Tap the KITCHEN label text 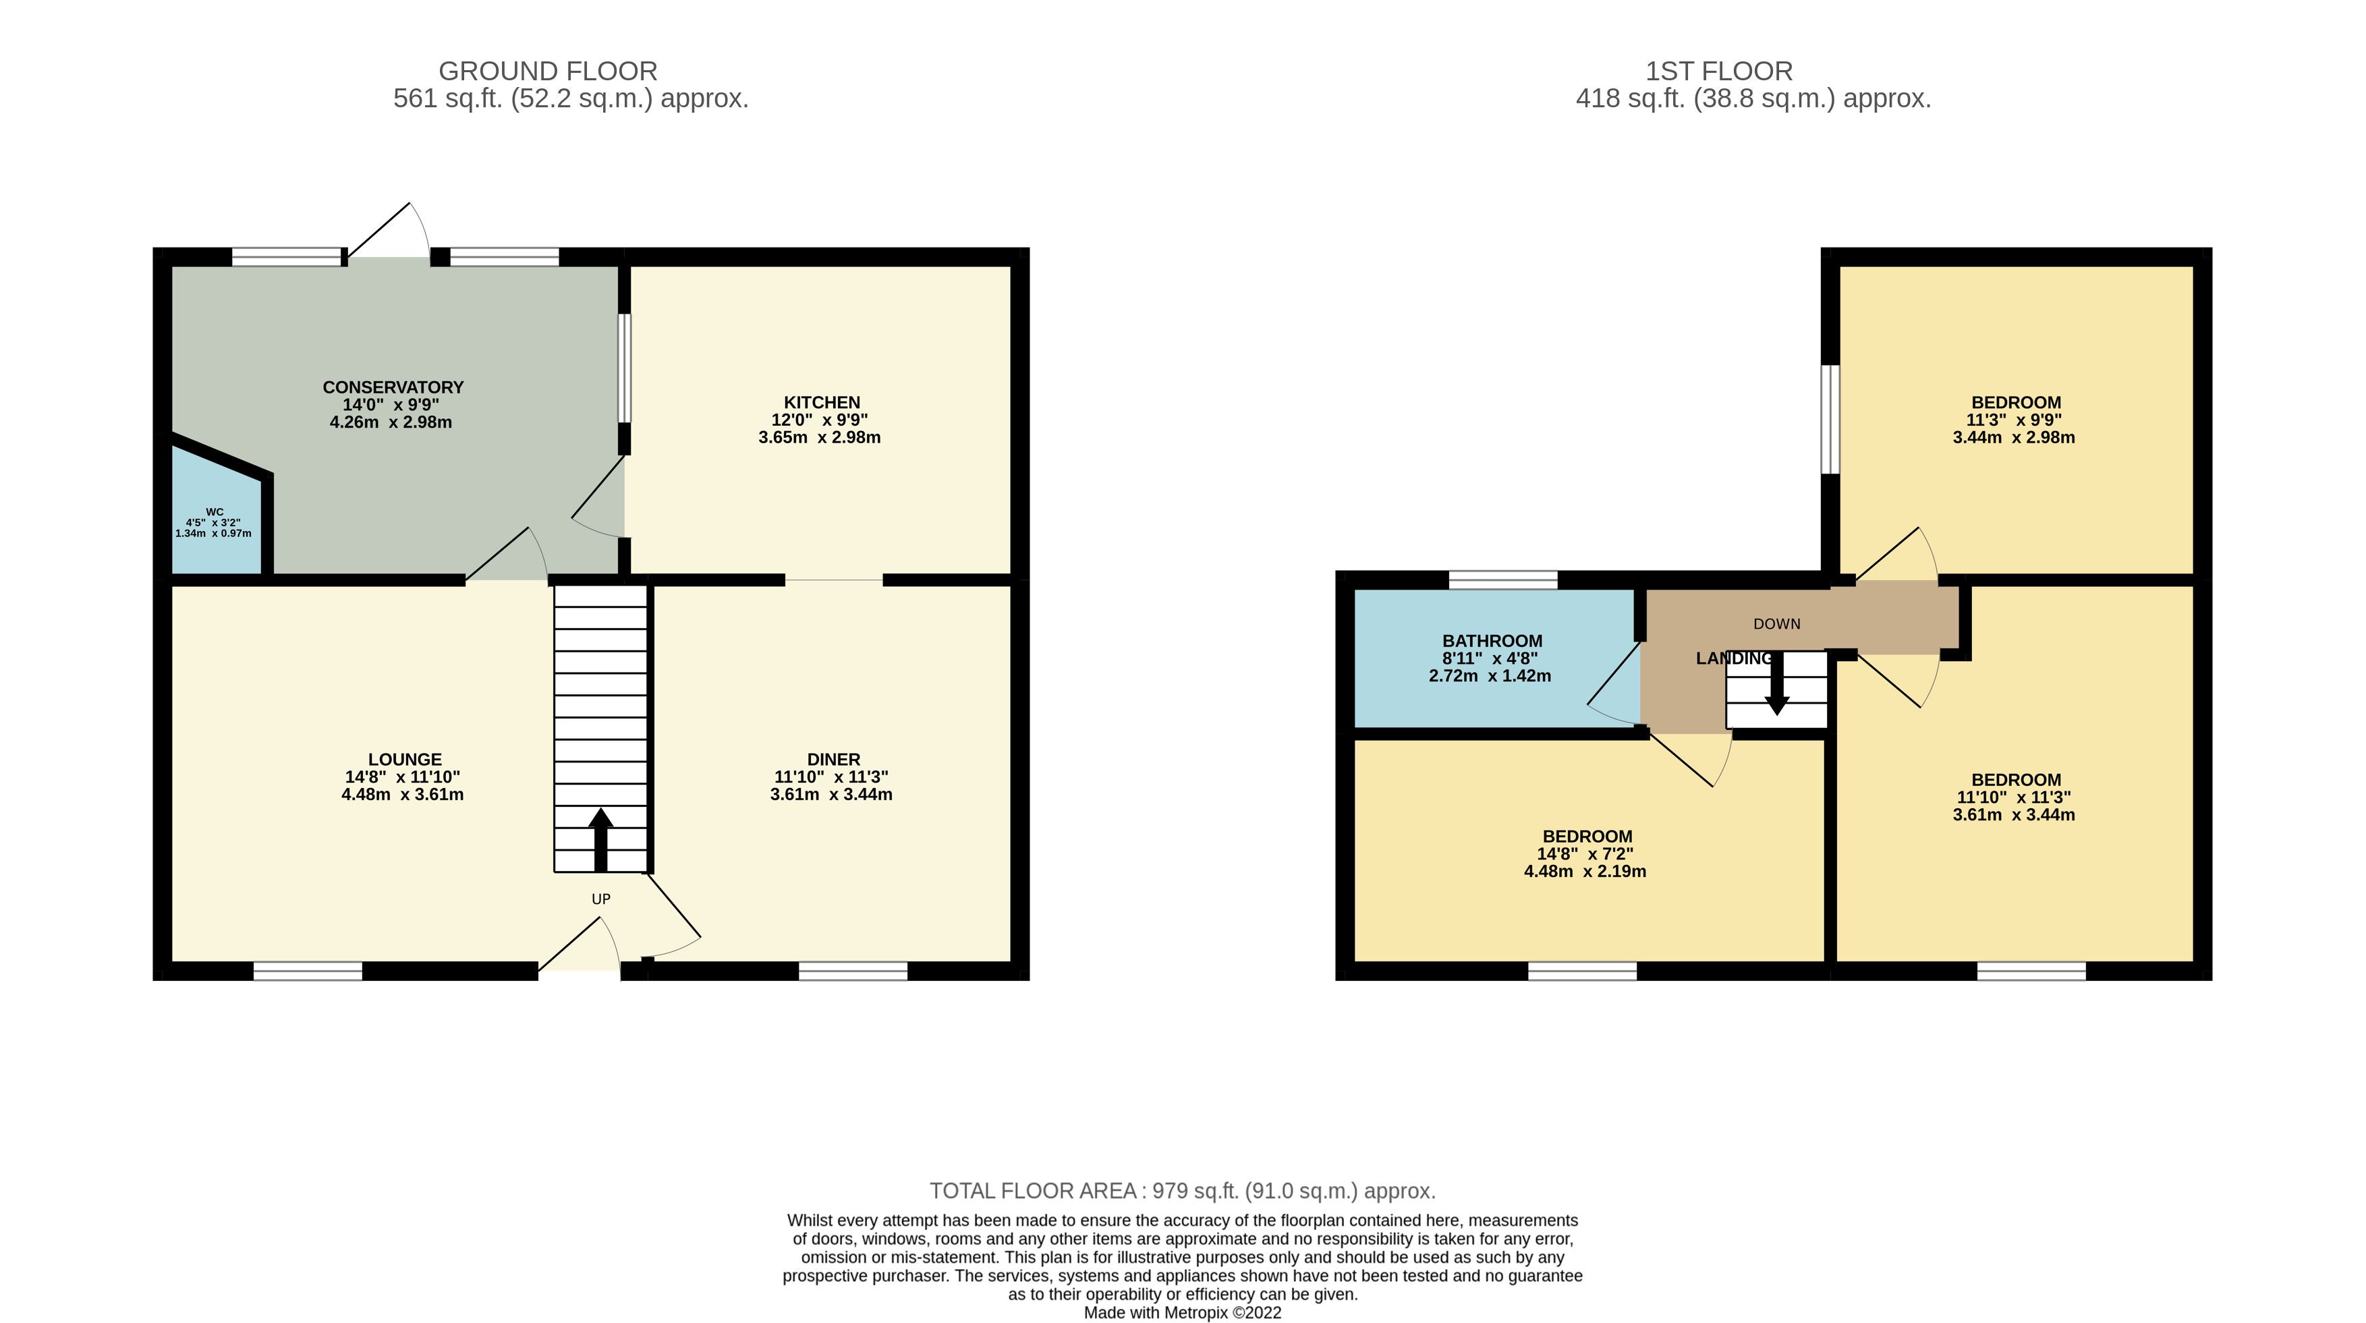click(x=822, y=402)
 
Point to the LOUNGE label click(x=405, y=760)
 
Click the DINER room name click(x=834, y=760)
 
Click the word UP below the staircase click(x=600, y=899)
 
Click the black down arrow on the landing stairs click(x=1777, y=683)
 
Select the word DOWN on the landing click(x=1777, y=624)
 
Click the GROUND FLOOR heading click(x=548, y=71)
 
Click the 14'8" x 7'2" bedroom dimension click(x=1585, y=853)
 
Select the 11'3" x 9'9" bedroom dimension click(x=2015, y=420)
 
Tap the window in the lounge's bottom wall click(x=308, y=971)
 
